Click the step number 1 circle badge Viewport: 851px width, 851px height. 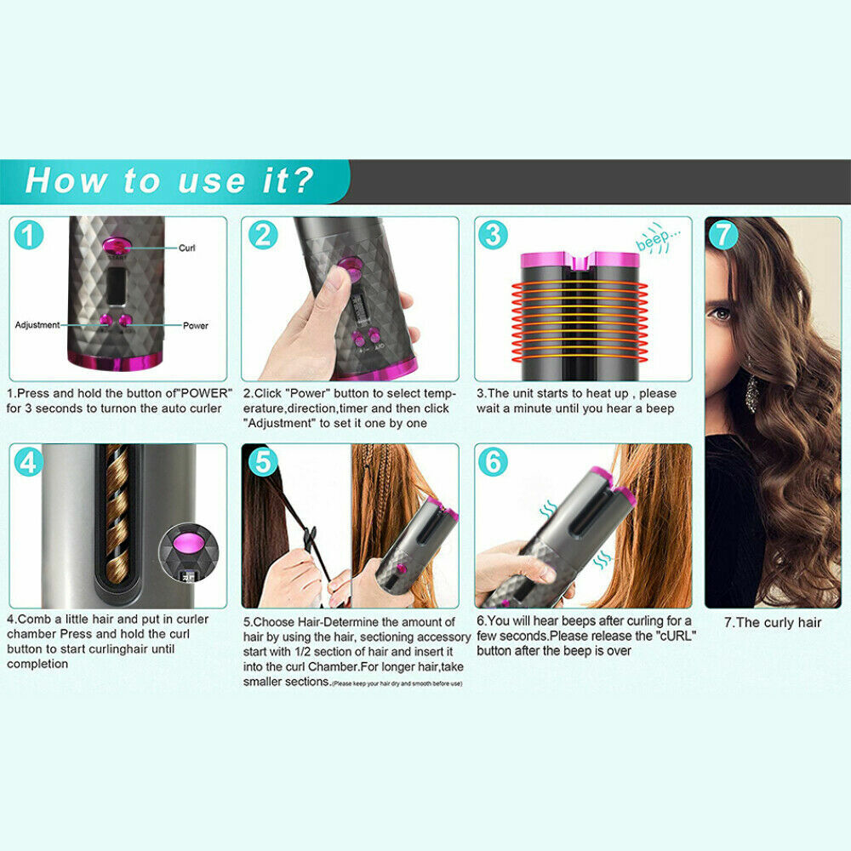[29, 234]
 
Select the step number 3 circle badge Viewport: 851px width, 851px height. [493, 234]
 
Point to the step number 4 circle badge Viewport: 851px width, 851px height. [29, 461]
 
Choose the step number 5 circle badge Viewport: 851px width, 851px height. [261, 461]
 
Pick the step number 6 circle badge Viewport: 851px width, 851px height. [493, 461]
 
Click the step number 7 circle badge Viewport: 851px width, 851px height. [723, 234]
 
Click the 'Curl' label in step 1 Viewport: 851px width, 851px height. [186, 248]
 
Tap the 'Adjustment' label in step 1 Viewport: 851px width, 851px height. [37, 325]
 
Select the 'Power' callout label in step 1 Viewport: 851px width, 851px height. [195, 325]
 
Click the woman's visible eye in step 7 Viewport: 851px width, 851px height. [721, 313]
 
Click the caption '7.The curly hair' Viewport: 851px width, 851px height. [773, 622]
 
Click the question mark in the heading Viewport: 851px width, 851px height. [301, 180]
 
